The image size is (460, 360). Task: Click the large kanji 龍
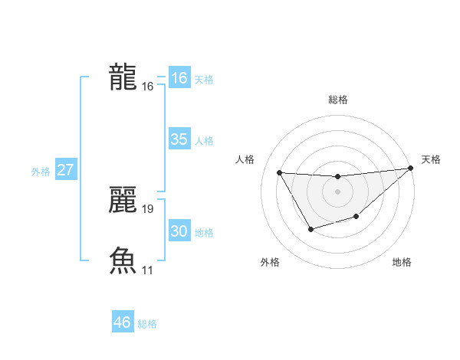(x=123, y=77)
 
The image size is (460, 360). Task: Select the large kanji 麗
(x=123, y=200)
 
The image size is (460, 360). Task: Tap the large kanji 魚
(x=123, y=260)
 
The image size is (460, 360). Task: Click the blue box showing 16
(x=179, y=78)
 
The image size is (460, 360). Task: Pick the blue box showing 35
(x=179, y=139)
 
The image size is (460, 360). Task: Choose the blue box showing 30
(x=179, y=231)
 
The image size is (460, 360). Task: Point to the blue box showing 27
(x=65, y=170)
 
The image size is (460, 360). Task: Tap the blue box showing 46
(x=123, y=322)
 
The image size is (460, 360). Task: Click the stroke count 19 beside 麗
(x=148, y=208)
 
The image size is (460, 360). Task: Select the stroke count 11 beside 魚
(x=148, y=270)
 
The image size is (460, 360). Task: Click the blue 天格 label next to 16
(x=204, y=80)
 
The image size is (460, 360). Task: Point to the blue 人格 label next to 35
(x=204, y=141)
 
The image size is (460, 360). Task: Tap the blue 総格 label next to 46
(x=147, y=324)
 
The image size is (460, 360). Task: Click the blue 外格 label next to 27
(x=41, y=172)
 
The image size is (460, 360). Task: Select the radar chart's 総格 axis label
(x=337, y=100)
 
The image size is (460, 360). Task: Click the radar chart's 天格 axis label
(x=431, y=159)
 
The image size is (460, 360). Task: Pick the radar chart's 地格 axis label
(x=402, y=262)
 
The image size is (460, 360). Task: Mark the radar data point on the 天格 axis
(x=411, y=169)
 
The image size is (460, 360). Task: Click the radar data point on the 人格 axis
(x=279, y=172)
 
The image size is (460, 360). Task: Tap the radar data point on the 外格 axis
(x=310, y=229)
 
